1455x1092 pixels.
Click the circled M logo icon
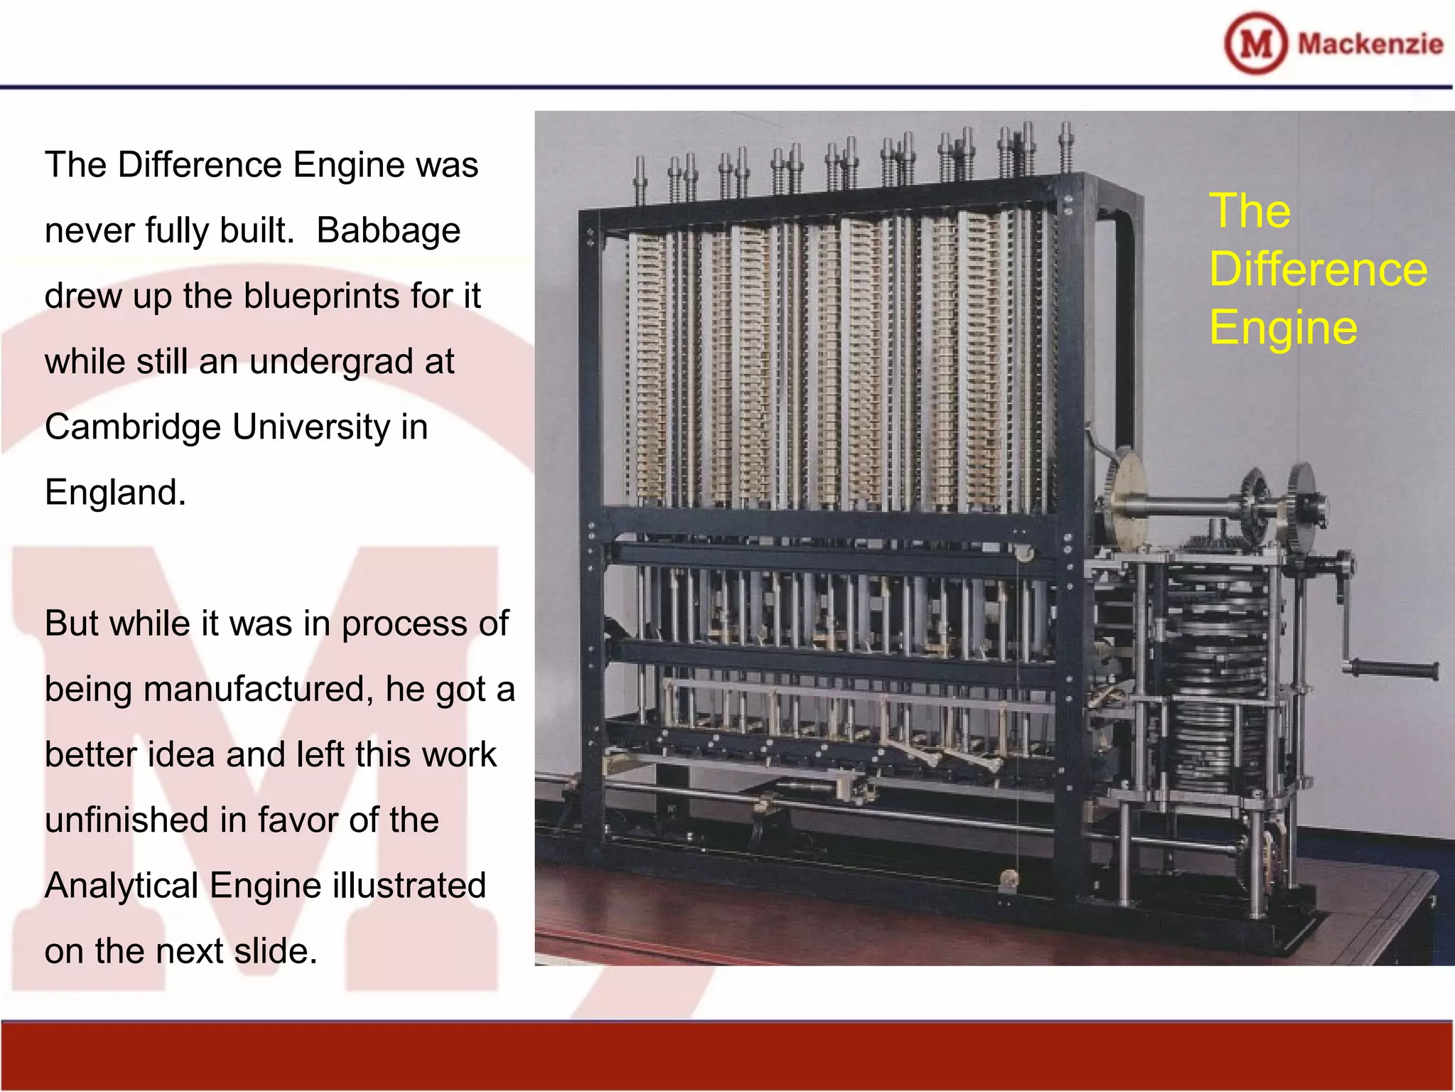(x=1255, y=43)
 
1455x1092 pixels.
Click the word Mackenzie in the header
(x=1370, y=44)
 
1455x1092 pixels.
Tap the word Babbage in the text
(x=388, y=230)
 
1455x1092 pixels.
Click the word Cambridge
(x=133, y=427)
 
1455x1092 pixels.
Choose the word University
(x=310, y=427)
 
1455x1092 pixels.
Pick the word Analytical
(x=121, y=886)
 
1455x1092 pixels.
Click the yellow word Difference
(x=1318, y=269)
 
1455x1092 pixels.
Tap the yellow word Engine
(x=1283, y=328)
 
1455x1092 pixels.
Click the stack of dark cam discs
(x=1215, y=682)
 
